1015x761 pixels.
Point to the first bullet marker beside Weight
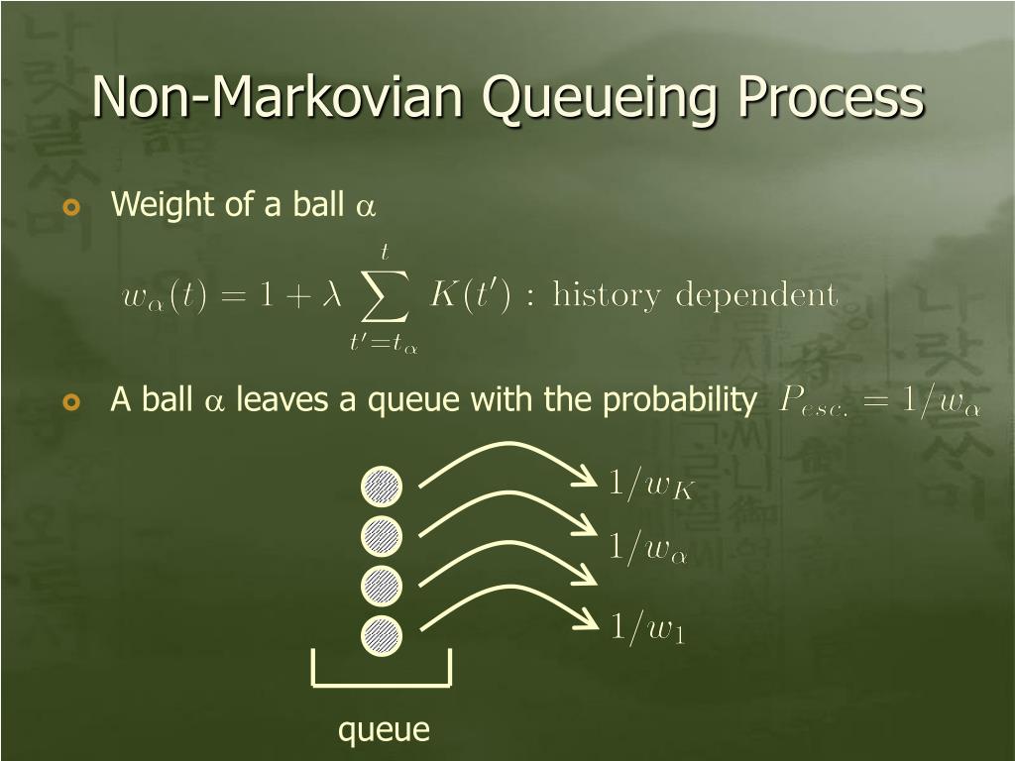click(70, 206)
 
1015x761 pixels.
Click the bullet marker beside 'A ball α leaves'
click(70, 402)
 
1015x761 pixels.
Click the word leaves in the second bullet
click(279, 400)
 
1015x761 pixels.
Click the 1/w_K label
click(649, 485)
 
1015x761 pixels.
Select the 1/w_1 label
click(646, 628)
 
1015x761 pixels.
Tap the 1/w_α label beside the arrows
click(646, 549)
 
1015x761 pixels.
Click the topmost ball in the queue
click(382, 486)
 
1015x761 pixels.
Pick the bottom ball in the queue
click(382, 634)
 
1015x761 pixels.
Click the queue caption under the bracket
click(384, 730)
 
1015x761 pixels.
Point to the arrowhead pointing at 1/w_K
click(587, 482)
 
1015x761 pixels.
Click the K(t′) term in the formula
click(469, 294)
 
